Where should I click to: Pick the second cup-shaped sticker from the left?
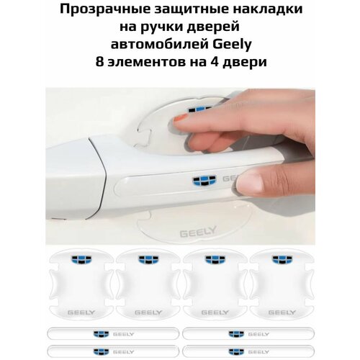(x=145, y=284)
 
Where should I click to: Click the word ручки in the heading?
(x=162, y=27)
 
